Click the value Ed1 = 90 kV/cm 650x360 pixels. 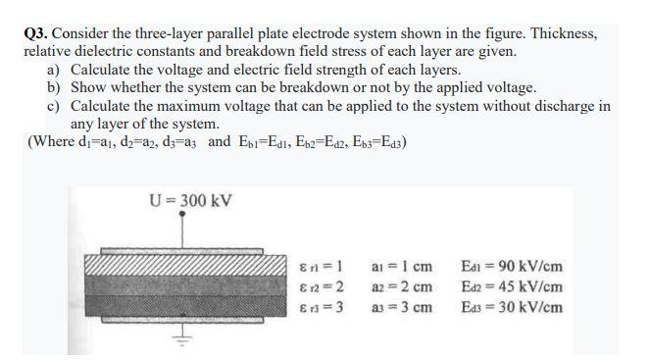517,266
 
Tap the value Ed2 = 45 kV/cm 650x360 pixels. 517,285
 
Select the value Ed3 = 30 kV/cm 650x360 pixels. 517,306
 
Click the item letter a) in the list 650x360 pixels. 54,69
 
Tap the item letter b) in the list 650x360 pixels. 54,87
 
